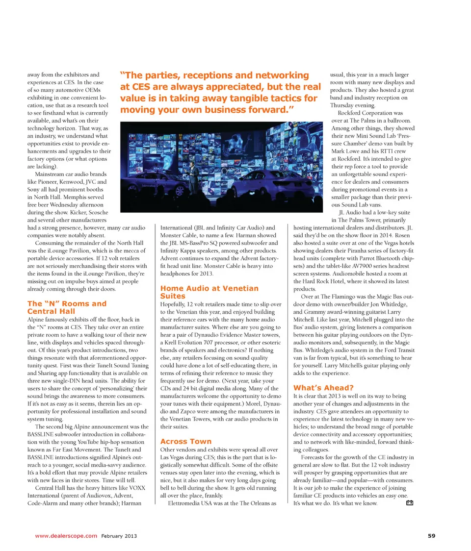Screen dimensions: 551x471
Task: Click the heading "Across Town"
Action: [186, 441]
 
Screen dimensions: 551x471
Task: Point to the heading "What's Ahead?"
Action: [323, 387]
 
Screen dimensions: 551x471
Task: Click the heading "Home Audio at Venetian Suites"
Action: [209, 292]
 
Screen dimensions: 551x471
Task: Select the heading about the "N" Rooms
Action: [67, 307]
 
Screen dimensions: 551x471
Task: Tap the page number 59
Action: [431, 536]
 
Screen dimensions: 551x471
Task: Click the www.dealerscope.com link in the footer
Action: [66, 536]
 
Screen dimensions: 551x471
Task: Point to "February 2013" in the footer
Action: [119, 536]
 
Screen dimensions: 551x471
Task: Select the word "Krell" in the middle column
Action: [172, 341]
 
